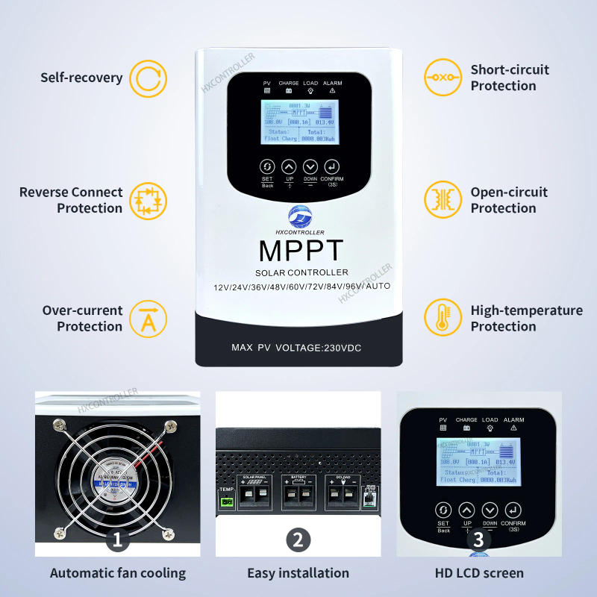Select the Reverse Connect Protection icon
pos(148,200)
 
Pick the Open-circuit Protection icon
pos(443,200)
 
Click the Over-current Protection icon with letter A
pos(148,318)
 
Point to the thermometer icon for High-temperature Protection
pos(443,318)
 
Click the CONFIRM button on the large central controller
pos(332,167)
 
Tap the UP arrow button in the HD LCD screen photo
pos(467,510)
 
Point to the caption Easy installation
pos(298,573)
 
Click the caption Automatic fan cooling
pos(118,573)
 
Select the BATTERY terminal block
pos(298,491)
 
